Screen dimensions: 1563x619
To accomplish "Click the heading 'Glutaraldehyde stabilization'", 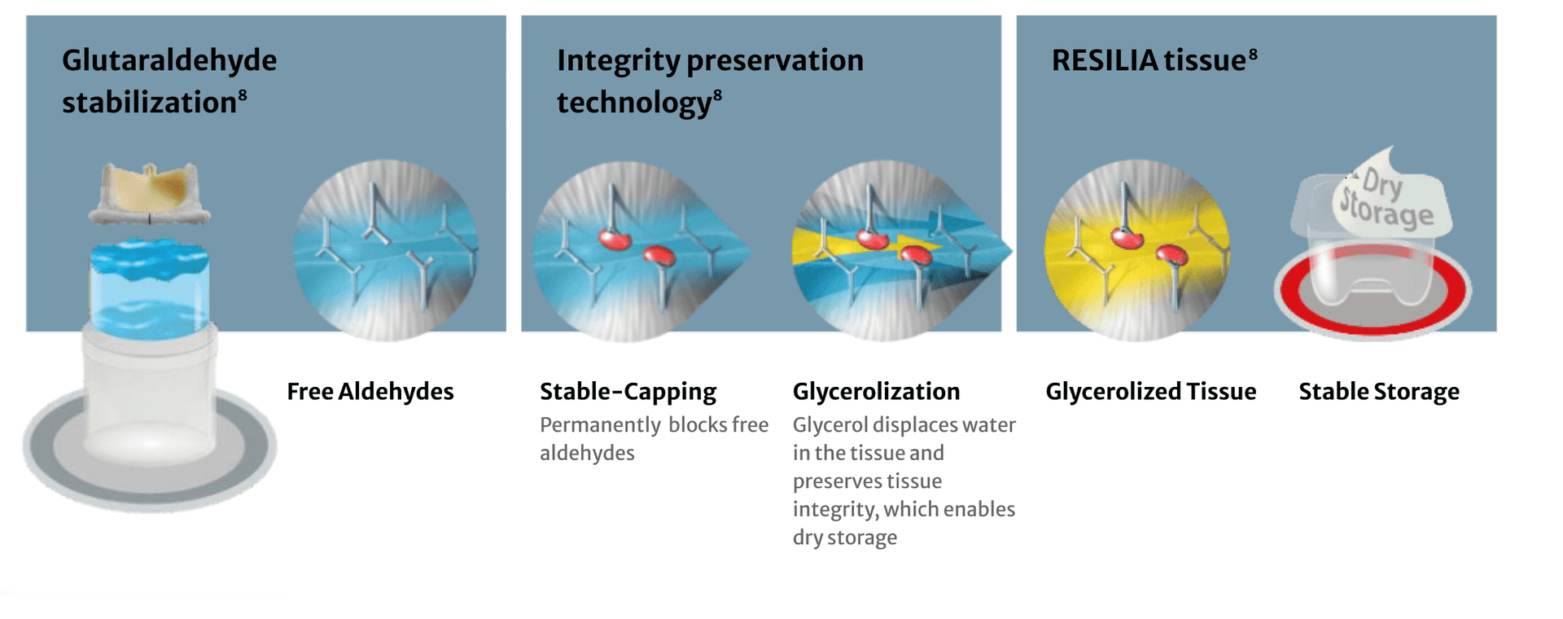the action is point(169,81).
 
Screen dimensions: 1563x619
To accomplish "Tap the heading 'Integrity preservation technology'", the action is point(710,81).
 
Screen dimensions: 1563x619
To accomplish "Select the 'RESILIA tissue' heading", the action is point(1154,60).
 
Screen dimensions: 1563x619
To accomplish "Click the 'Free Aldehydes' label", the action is point(370,392).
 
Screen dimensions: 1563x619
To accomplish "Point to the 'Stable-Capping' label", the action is point(628,392).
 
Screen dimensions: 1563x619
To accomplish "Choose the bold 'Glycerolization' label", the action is point(877,392).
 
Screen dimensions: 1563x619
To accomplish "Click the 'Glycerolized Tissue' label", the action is point(1151,392).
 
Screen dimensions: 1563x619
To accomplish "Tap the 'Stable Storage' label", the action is point(1379,392).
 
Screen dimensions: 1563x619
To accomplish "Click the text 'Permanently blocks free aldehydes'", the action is point(654,439).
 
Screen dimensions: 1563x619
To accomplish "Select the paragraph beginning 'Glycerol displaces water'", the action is point(904,481).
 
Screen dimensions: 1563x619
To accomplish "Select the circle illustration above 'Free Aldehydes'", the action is point(386,250).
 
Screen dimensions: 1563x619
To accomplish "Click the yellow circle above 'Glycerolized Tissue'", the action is point(1137,250).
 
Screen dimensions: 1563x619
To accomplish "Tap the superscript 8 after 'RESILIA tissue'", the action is point(1253,54).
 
